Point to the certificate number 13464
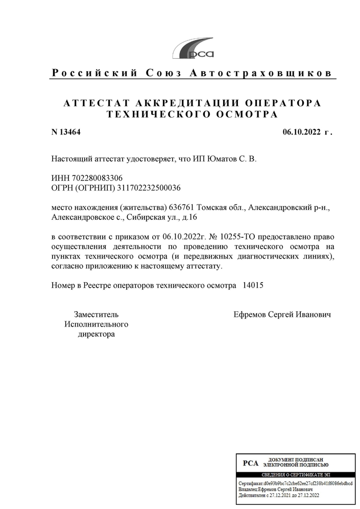[x=70, y=132]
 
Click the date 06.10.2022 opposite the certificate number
[x=302, y=132]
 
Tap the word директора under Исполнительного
[x=96, y=334]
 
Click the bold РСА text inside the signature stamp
[x=251, y=464]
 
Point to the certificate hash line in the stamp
[x=295, y=483]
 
